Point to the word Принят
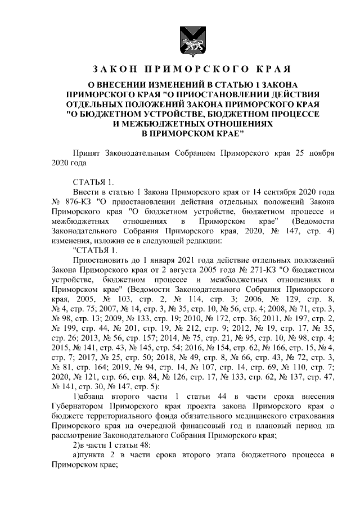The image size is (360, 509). click(x=87, y=153)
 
